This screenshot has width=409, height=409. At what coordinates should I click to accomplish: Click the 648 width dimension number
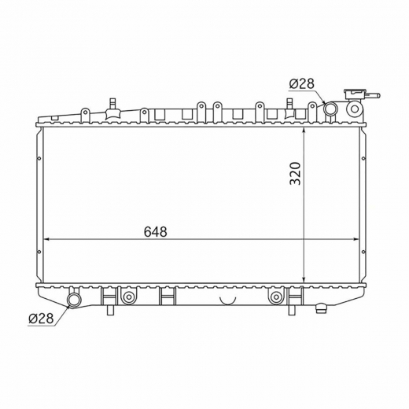[x=155, y=232]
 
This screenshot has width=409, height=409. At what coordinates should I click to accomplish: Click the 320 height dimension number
[x=295, y=174]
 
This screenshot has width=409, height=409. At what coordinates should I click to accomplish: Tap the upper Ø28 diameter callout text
[x=302, y=84]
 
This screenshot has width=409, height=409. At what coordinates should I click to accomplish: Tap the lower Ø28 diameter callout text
[x=41, y=319]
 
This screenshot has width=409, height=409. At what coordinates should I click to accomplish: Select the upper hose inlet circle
[x=330, y=108]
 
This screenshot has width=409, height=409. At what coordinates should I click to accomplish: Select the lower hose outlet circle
[x=75, y=299]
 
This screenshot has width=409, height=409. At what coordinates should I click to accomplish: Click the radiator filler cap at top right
[x=355, y=94]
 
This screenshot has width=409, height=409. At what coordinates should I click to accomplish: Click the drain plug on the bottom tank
[x=322, y=308]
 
